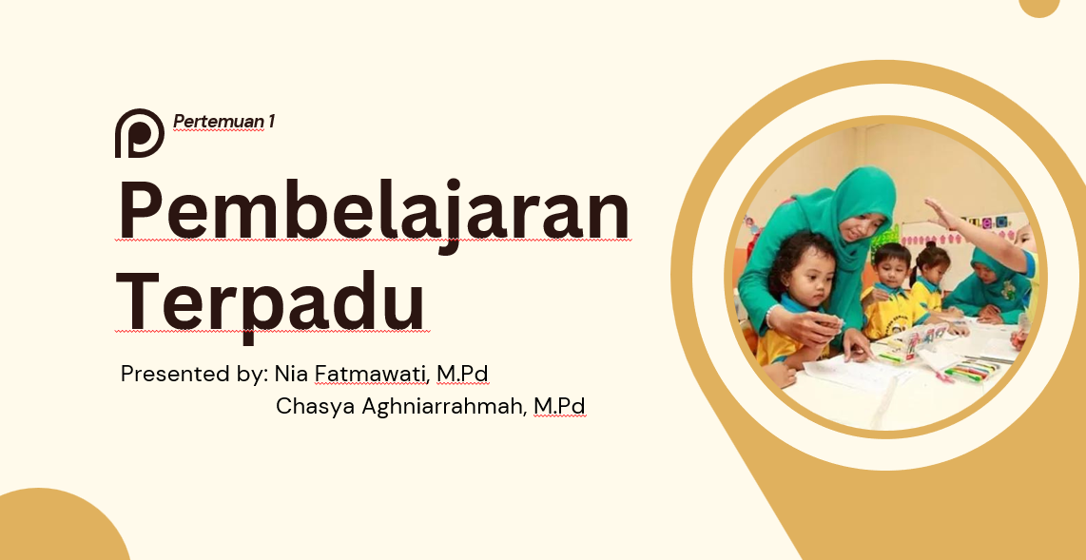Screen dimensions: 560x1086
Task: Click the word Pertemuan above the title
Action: point(218,122)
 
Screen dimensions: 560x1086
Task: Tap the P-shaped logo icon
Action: point(139,133)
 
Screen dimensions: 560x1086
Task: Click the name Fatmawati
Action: point(372,375)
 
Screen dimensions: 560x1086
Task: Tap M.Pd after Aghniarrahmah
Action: point(558,407)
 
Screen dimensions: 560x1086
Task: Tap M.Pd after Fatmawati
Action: point(462,375)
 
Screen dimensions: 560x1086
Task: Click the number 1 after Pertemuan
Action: point(271,122)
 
